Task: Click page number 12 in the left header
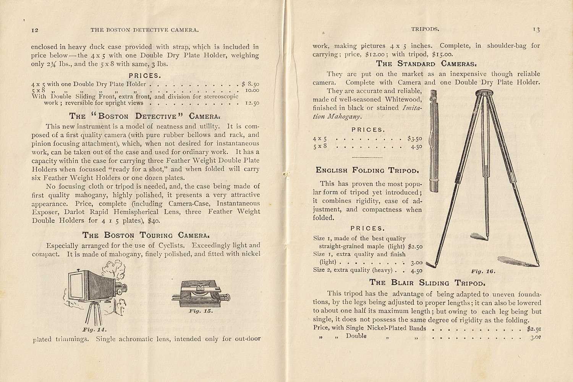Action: [x=35, y=30]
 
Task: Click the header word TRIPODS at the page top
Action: [x=425, y=29]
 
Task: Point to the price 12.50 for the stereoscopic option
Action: [x=252, y=103]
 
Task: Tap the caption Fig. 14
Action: [x=94, y=329]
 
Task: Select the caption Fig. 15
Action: [x=201, y=311]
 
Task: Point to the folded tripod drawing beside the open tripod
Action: [x=434, y=141]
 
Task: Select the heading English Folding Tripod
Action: [x=367, y=170]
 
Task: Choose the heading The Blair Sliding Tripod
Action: [x=427, y=283]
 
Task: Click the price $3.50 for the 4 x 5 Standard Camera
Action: [x=414, y=138]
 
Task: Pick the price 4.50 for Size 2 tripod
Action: [x=416, y=270]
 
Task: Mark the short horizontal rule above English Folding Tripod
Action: [x=367, y=157]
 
